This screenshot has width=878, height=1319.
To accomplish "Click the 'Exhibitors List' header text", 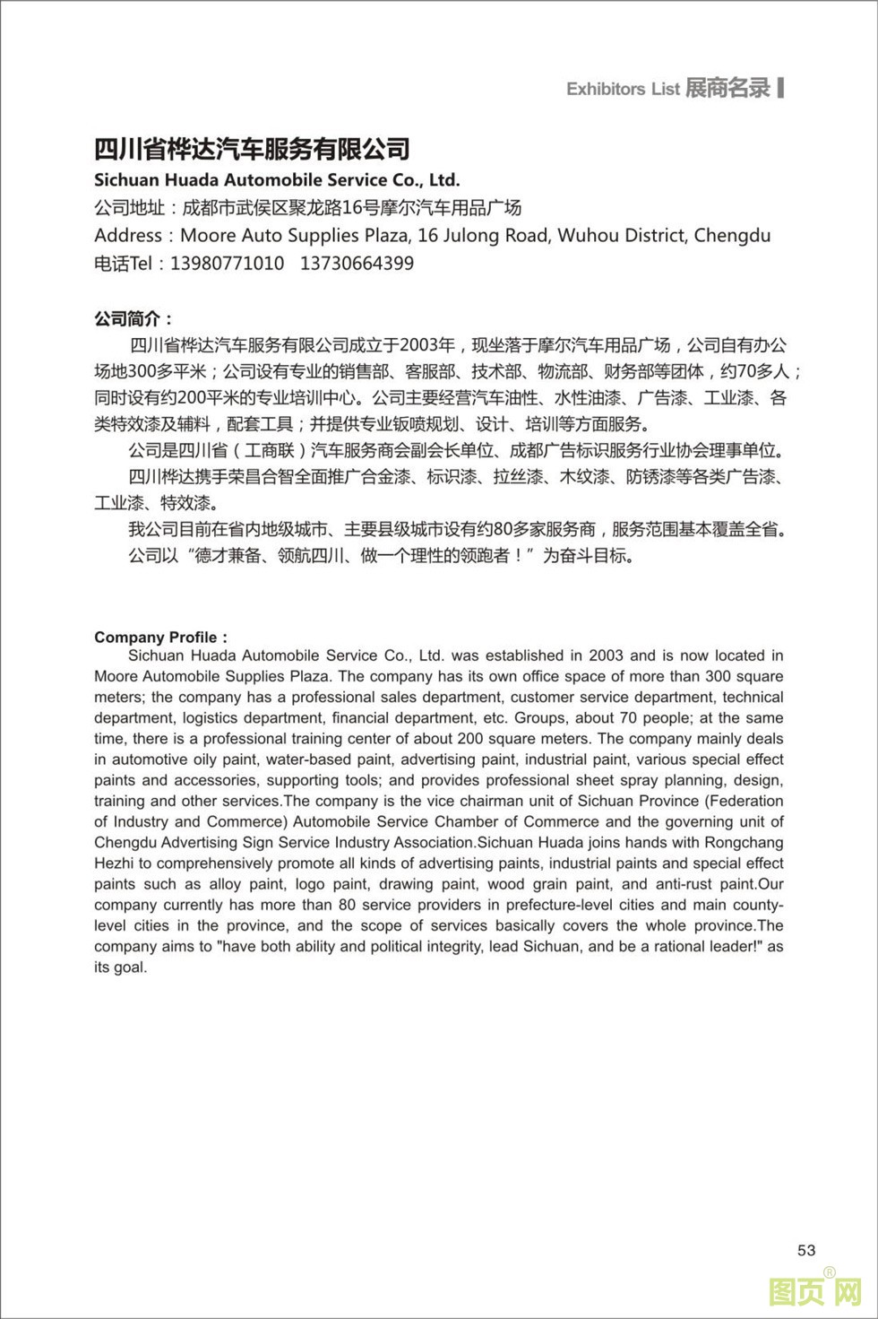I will [x=623, y=89].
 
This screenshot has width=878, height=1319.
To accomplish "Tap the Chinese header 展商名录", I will [x=727, y=88].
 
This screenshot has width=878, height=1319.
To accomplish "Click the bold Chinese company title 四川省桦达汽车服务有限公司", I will [x=252, y=149].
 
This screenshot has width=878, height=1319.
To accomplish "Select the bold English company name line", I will [x=277, y=179].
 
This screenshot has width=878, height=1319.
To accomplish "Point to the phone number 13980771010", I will [x=227, y=264].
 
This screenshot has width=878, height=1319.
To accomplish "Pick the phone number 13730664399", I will [x=357, y=264].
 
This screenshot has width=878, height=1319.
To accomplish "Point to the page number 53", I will [x=806, y=1250].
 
